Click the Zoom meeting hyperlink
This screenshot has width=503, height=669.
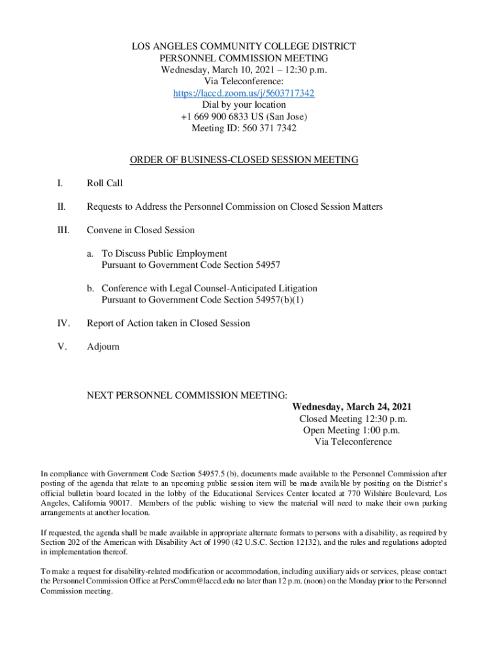pyautogui.click(x=244, y=93)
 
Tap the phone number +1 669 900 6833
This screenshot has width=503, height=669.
pyautogui.click(x=218, y=116)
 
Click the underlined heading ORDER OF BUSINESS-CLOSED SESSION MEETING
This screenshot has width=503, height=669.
pyautogui.click(x=244, y=160)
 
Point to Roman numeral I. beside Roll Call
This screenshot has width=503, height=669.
pyautogui.click(x=60, y=184)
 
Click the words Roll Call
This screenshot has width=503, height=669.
pyautogui.click(x=105, y=184)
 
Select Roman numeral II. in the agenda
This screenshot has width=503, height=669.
pyautogui.click(x=61, y=206)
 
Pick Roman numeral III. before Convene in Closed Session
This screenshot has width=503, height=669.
pyautogui.click(x=63, y=230)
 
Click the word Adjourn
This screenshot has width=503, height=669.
pyautogui.click(x=103, y=346)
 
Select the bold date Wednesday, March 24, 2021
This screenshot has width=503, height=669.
pyautogui.click(x=351, y=407)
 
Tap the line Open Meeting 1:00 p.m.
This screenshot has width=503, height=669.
pyautogui.click(x=351, y=430)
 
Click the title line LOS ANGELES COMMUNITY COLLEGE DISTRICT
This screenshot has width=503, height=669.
pyautogui.click(x=244, y=47)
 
